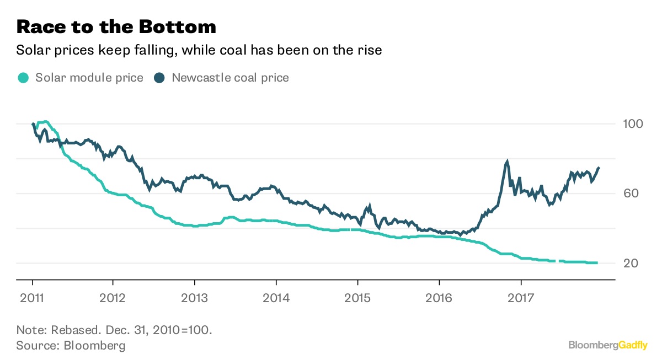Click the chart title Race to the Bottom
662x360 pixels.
click(x=116, y=26)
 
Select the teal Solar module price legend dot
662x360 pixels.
click(x=23, y=78)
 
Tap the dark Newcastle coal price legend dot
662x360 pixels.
click(x=159, y=78)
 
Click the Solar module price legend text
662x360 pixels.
click(x=89, y=78)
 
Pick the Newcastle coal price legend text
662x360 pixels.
click(x=230, y=78)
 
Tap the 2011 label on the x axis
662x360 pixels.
click(x=32, y=298)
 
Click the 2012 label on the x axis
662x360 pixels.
click(x=113, y=298)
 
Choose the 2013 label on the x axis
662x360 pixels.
click(x=195, y=298)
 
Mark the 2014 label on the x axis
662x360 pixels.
click(x=276, y=298)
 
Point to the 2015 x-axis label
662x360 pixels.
click(x=357, y=298)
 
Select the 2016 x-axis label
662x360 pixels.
click(x=439, y=298)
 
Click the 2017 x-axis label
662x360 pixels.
click(x=521, y=298)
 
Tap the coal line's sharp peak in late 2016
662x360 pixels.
click(x=506, y=162)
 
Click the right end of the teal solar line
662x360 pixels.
click(x=596, y=262)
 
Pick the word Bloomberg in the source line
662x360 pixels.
click(x=95, y=346)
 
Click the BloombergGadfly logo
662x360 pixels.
click(x=608, y=345)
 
